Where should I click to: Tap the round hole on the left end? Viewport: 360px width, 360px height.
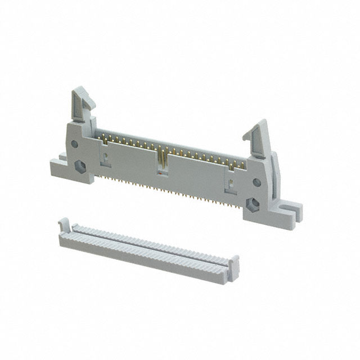click(x=74, y=144)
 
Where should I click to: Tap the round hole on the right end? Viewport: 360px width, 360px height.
click(x=256, y=182)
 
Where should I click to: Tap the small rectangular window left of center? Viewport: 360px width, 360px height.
click(x=105, y=159)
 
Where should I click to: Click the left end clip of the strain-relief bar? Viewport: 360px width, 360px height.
click(x=64, y=226)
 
